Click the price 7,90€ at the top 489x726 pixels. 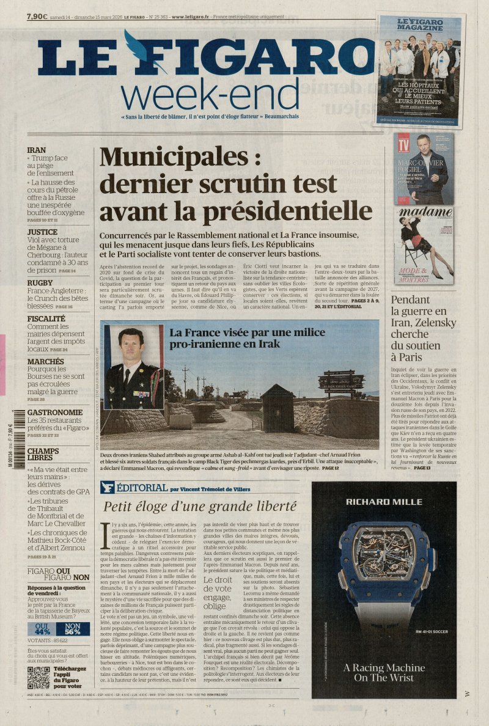(37, 16)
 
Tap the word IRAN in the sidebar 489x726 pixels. (37, 150)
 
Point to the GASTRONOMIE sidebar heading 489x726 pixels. (55, 413)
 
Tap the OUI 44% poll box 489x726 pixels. (43, 629)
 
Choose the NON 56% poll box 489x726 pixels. (73, 629)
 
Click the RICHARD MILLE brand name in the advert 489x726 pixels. (384, 502)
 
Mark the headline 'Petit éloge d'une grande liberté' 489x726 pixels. (191, 506)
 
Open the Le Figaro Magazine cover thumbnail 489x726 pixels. (420, 70)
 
